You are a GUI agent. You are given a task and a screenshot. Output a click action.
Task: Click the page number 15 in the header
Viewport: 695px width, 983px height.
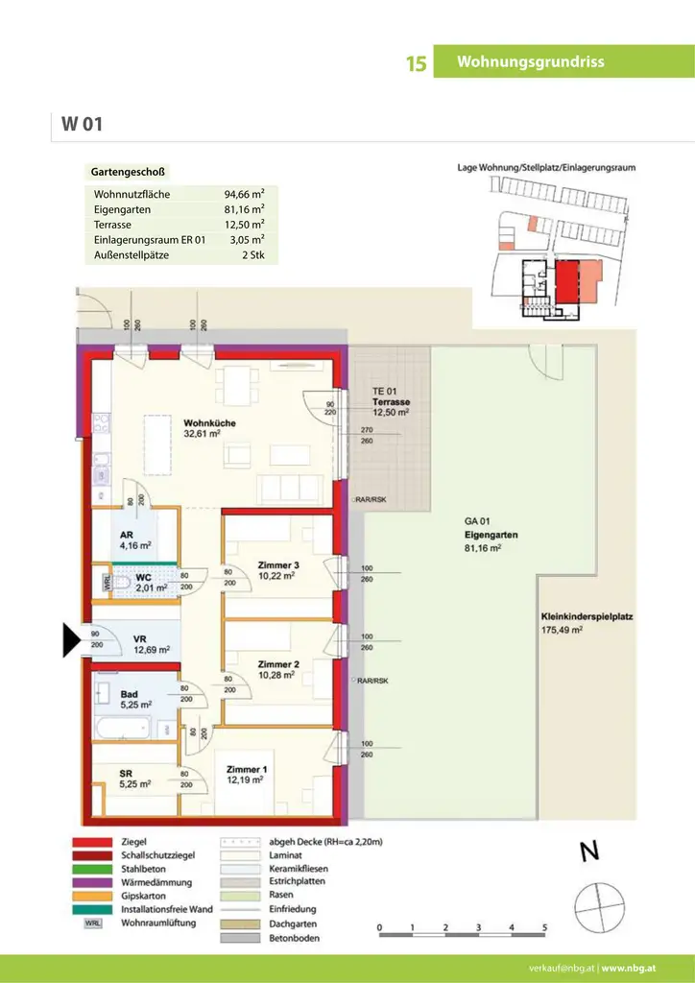416,63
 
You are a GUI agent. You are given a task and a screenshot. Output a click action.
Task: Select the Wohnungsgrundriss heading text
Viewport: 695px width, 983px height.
531,62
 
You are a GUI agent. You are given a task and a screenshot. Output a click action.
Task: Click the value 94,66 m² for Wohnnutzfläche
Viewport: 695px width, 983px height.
244,194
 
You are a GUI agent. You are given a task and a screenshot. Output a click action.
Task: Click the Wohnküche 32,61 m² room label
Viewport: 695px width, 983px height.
209,428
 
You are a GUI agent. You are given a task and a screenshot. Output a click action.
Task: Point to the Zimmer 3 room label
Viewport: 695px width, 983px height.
279,570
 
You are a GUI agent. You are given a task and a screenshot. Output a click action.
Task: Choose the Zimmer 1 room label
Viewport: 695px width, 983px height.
248,775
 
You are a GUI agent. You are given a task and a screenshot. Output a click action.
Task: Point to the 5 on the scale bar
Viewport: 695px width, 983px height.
543,928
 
